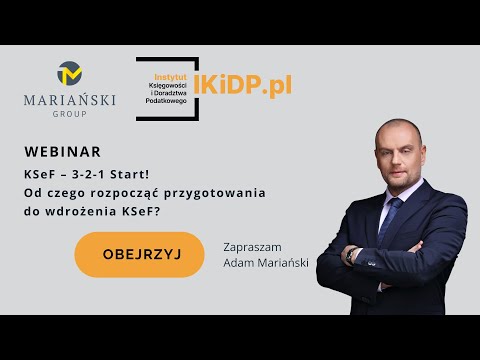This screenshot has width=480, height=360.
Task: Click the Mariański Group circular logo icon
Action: click(x=70, y=74)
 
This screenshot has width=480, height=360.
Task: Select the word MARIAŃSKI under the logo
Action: click(x=70, y=100)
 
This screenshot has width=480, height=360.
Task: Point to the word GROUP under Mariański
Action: click(x=70, y=114)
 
